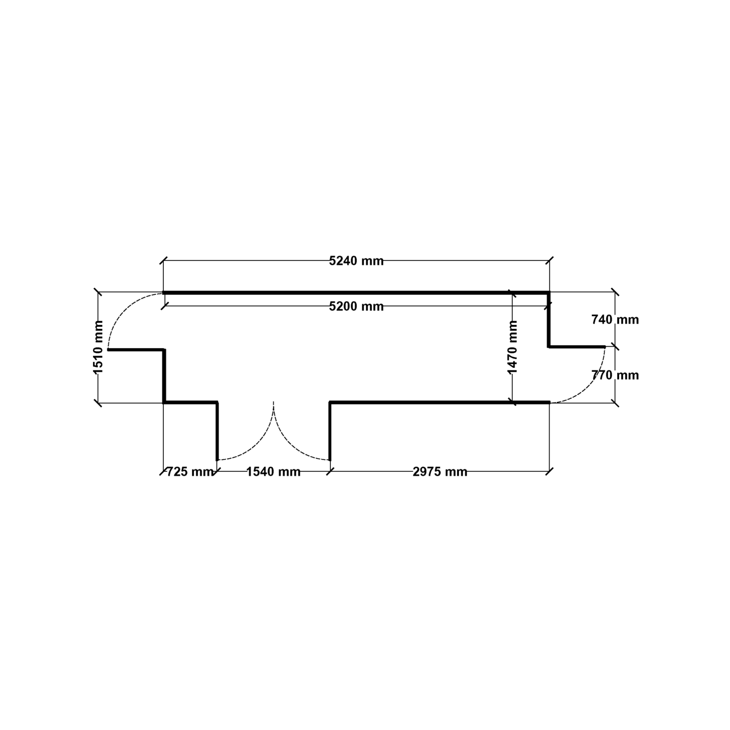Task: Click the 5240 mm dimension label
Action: click(x=356, y=261)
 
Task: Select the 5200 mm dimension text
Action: click(x=356, y=306)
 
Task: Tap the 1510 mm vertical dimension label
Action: click(x=99, y=347)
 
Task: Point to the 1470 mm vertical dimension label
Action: click(x=513, y=347)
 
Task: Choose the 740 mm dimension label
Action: click(x=615, y=319)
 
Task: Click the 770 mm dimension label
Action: click(x=615, y=375)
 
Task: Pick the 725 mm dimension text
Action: click(x=190, y=471)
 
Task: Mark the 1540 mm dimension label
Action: click(x=273, y=471)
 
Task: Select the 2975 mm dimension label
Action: click(x=440, y=471)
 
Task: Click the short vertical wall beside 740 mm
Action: click(x=549, y=319)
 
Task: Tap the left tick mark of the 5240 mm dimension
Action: click(x=163, y=261)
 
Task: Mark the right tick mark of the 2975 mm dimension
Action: click(x=549, y=471)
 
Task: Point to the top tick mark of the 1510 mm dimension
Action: click(x=98, y=292)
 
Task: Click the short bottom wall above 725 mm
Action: click(x=191, y=402)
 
